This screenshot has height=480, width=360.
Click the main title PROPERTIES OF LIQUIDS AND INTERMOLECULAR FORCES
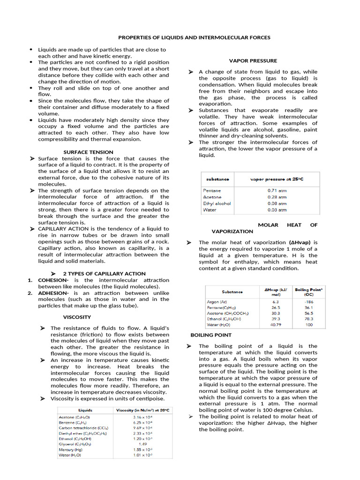pos(194,37)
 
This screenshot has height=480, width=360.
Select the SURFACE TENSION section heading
pos(88,152)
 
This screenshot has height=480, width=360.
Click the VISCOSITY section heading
pos(77,317)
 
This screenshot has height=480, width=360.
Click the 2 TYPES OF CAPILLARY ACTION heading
pos(104,273)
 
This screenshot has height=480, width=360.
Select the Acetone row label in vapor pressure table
pos(212,197)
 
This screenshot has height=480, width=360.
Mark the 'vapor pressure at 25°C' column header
pos(277,179)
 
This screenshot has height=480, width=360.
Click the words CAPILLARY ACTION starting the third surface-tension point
pos(61,229)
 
